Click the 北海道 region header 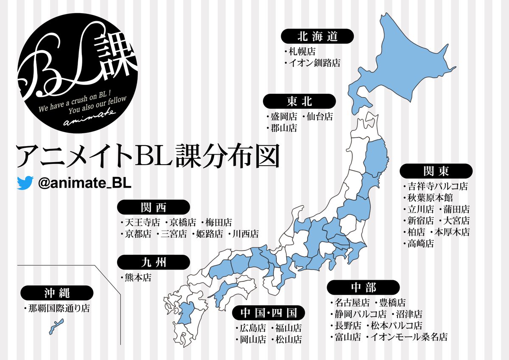[318, 37]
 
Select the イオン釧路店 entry [314, 63]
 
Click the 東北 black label [299, 101]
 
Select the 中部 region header [363, 287]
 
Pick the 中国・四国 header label [269, 313]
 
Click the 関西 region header [154, 207]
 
